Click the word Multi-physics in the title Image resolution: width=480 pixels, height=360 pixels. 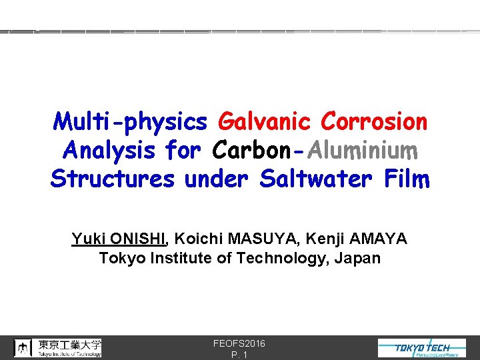coord(130,122)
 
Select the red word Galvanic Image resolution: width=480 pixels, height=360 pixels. coord(264,122)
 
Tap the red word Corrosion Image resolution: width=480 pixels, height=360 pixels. coord(373,122)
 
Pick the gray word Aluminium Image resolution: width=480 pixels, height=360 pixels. coord(363,151)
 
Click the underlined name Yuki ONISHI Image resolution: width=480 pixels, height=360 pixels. coord(119,239)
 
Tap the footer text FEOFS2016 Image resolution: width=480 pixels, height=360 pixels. coord(239,343)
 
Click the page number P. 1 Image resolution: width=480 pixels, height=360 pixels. coord(239,355)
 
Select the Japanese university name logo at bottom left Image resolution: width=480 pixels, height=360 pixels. coord(59,348)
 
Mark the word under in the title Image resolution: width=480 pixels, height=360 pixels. coord(220,179)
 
